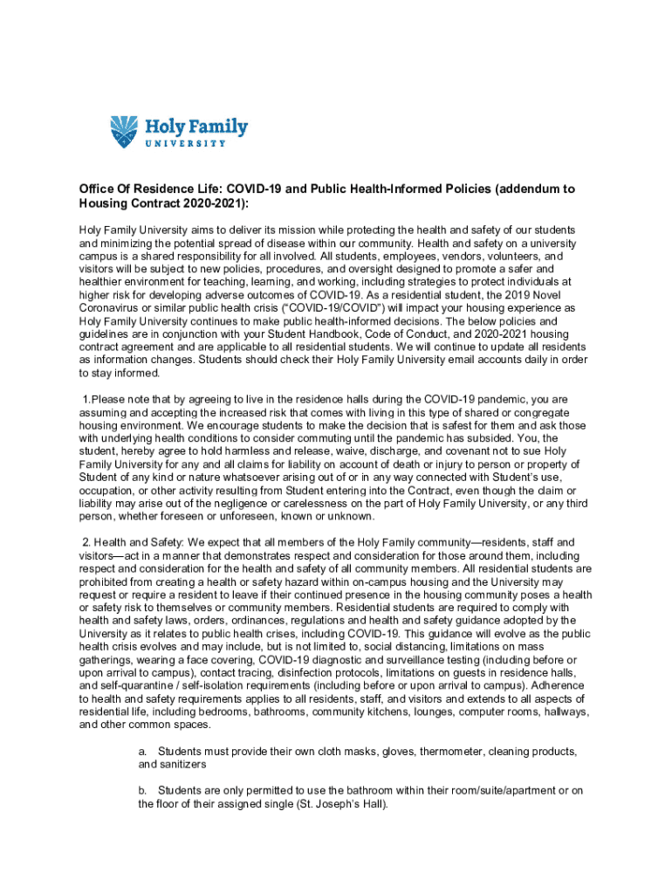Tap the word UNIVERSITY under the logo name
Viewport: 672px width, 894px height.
[183, 144]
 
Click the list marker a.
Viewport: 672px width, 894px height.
[142, 751]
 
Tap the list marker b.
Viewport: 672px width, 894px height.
[142, 790]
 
